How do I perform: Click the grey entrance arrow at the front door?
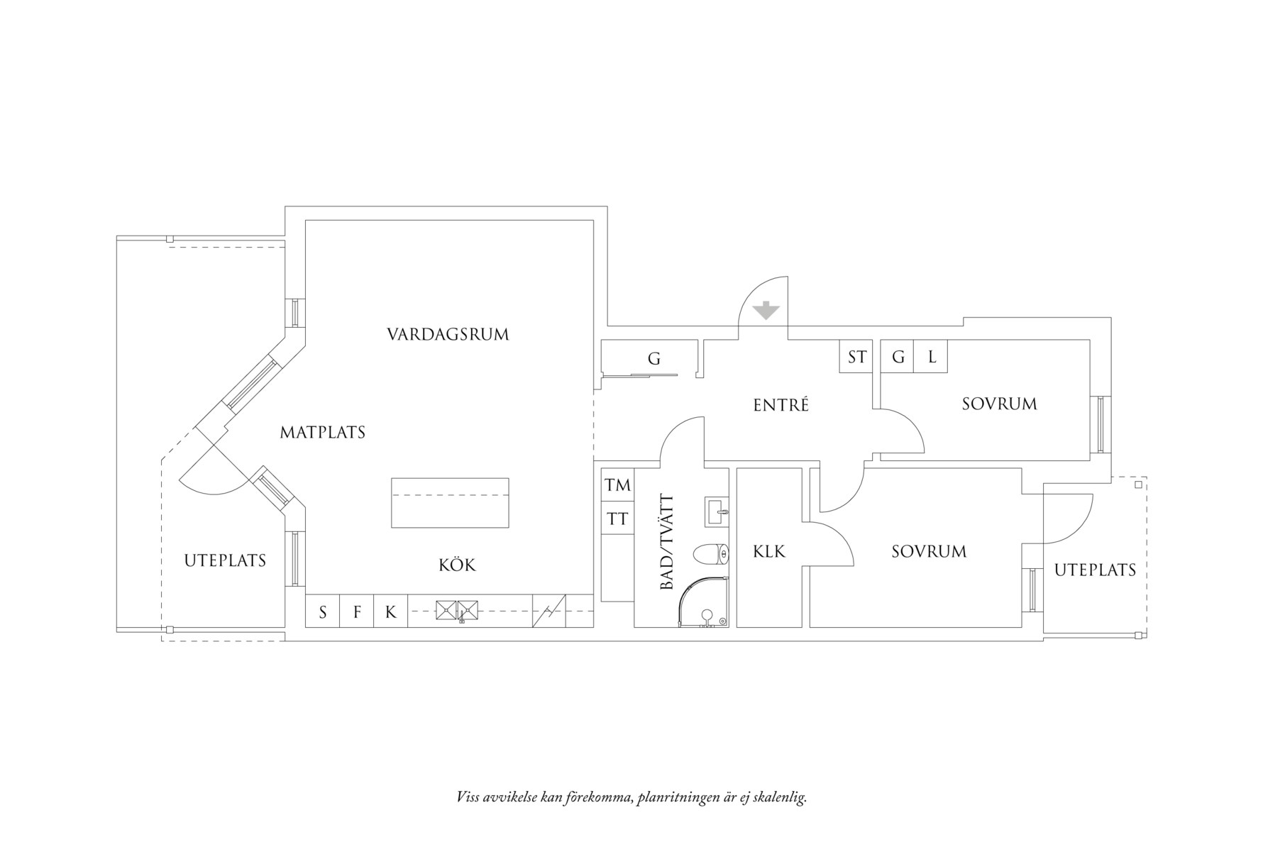[766, 311]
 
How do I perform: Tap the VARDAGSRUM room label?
[448, 334]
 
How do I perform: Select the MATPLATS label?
[322, 432]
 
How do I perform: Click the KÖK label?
[457, 565]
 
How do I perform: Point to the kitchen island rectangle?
[450, 502]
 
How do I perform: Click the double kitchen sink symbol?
[457, 609]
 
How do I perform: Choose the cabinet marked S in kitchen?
[323, 611]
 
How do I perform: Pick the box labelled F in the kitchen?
[358, 611]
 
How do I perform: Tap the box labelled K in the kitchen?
[390, 611]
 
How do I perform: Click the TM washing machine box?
[617, 485]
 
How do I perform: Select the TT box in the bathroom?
[617, 519]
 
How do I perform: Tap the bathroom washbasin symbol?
[717, 511]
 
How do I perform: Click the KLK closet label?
[769, 551]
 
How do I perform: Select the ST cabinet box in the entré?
[856, 357]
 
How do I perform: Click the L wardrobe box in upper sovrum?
[932, 357]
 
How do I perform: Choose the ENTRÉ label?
[781, 405]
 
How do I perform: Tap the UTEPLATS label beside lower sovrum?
[1095, 570]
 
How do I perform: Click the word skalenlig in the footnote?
[780, 797]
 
